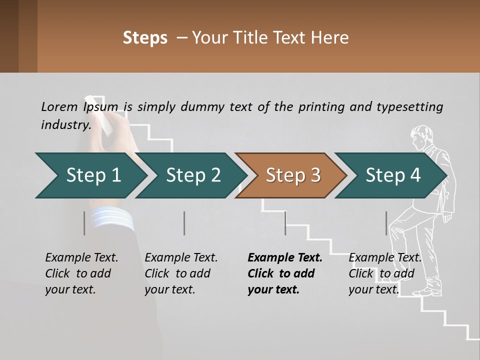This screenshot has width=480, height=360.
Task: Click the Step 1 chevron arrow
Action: tap(92, 175)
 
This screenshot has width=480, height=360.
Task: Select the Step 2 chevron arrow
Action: tap(192, 175)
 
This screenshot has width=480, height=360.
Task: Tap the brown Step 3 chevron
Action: tap(292, 175)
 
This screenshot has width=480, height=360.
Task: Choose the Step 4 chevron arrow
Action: tap(392, 175)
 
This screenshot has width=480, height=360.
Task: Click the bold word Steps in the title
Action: tap(145, 38)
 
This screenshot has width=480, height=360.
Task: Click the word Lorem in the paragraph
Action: tap(59, 106)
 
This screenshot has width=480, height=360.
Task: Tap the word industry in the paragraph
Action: tap(65, 124)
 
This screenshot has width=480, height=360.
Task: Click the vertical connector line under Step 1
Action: tap(84, 223)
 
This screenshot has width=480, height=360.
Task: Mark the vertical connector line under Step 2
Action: tap(184, 223)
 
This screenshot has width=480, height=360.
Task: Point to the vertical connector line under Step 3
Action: tap(285, 223)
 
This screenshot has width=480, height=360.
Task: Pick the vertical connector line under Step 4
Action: tap(386, 223)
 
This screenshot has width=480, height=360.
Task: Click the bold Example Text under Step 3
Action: tap(285, 273)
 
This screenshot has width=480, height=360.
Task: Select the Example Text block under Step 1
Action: tap(81, 273)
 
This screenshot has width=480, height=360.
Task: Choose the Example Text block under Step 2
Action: tap(181, 273)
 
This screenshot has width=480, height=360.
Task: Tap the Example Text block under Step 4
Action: tap(385, 273)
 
